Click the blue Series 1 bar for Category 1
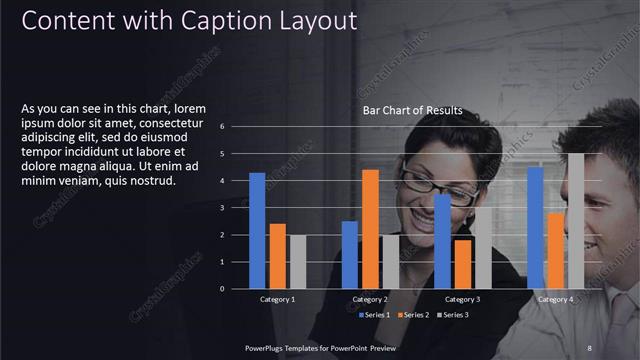pyautogui.click(x=257, y=231)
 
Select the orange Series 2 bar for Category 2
pyautogui.click(x=370, y=229)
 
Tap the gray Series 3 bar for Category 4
pyautogui.click(x=576, y=221)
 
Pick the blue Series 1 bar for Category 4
pyautogui.click(x=535, y=228)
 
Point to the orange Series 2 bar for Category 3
pyautogui.click(x=462, y=264)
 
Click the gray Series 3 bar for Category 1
pyautogui.click(x=297, y=262)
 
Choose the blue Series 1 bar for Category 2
pyautogui.click(x=350, y=255)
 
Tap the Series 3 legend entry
pyautogui.click(x=451, y=315)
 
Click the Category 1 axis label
pyautogui.click(x=277, y=299)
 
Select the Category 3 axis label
pyautogui.click(x=462, y=299)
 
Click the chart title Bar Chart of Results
pyautogui.click(x=412, y=110)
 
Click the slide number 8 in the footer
pyautogui.click(x=589, y=347)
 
